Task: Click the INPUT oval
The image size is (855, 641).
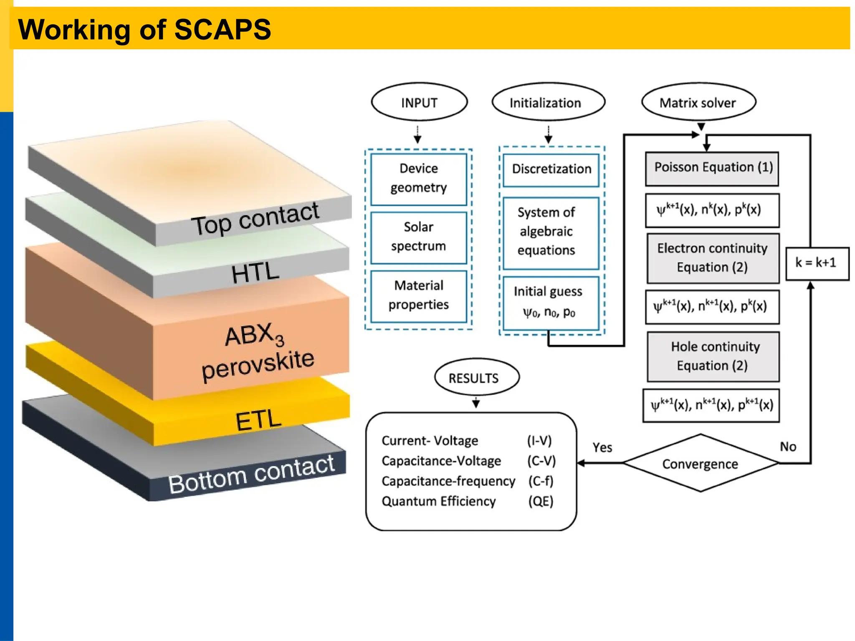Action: (419, 103)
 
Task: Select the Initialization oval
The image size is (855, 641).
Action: (548, 103)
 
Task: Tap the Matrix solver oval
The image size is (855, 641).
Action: (698, 103)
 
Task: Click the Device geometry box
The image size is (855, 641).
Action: (419, 179)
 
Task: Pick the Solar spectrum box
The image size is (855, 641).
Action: (419, 237)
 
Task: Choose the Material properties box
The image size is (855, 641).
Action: (419, 295)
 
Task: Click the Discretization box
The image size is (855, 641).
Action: (551, 169)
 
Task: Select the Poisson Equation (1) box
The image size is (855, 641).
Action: (712, 168)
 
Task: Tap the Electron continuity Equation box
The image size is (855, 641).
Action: (712, 258)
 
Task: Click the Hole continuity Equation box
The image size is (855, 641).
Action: (713, 356)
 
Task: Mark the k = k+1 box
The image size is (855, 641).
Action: (817, 263)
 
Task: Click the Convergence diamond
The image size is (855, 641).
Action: (701, 463)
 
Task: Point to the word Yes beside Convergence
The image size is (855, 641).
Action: (602, 448)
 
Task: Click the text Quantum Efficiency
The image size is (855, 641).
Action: (438, 501)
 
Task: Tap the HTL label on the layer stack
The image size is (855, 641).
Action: (255, 273)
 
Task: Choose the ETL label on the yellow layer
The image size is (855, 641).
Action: (258, 420)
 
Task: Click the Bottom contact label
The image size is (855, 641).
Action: (251, 475)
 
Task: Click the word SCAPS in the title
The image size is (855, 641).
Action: (222, 30)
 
